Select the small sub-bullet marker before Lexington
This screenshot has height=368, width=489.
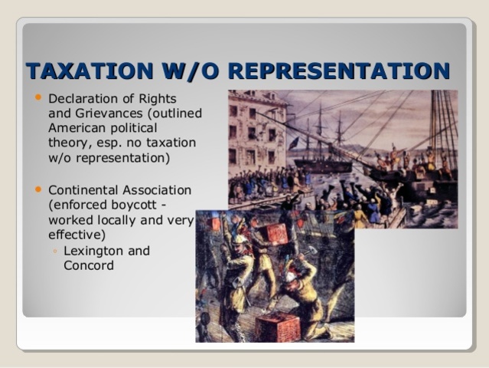(54, 251)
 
